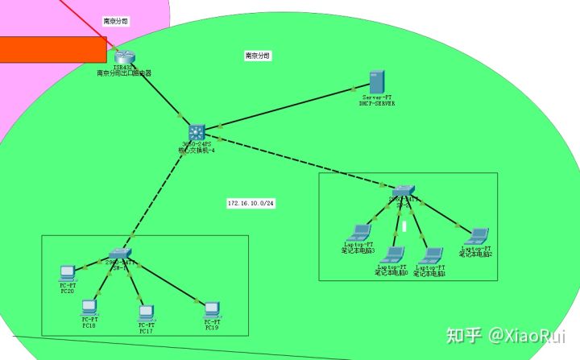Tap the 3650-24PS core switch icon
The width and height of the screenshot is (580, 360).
[x=197, y=132]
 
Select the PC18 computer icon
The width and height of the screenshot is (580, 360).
[x=89, y=308]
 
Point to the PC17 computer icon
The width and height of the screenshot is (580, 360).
[x=146, y=312]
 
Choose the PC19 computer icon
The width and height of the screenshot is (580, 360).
[x=212, y=308]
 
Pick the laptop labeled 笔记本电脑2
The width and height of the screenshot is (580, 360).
[x=478, y=236]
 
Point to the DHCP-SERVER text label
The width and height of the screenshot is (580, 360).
[x=377, y=103]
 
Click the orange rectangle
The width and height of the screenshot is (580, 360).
[x=53, y=49]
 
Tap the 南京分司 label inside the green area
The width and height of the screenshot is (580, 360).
[x=258, y=56]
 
